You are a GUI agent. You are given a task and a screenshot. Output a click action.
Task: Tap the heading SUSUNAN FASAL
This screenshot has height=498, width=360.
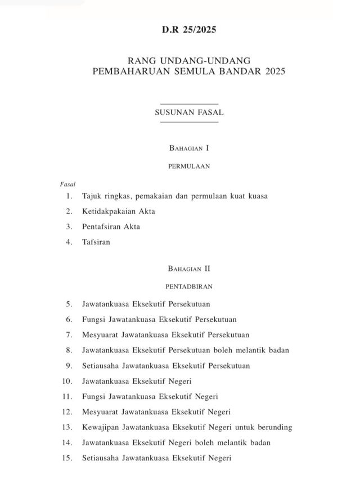189,112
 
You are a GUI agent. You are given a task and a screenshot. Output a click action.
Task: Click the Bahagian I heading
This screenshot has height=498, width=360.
189,148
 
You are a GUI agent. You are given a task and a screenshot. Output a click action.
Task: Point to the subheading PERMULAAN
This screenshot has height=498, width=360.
189,166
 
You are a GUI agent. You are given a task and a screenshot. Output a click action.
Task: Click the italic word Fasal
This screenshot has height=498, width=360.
67,184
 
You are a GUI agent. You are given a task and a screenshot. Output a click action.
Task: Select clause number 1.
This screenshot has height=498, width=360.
69,196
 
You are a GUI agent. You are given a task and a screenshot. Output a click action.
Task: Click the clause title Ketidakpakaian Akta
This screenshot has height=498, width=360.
118,211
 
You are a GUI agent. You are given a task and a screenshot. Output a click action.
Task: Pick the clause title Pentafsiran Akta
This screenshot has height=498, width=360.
111,227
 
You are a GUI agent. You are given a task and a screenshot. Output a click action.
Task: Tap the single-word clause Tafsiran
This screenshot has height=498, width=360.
96,242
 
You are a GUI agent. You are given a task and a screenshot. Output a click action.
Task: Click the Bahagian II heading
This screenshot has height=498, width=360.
189,269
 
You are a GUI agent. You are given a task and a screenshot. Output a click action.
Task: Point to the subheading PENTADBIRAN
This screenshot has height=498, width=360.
189,286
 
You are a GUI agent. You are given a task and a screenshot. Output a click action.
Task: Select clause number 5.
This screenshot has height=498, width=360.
69,304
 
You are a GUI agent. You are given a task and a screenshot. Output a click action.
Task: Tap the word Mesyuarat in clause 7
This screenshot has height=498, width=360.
100,335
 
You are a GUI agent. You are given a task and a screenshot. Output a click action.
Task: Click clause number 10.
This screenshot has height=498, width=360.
67,381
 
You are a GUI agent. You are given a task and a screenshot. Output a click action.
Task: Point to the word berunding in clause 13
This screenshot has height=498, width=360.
274,427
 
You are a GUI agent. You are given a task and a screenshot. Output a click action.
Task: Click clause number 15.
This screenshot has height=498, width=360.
67,458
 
